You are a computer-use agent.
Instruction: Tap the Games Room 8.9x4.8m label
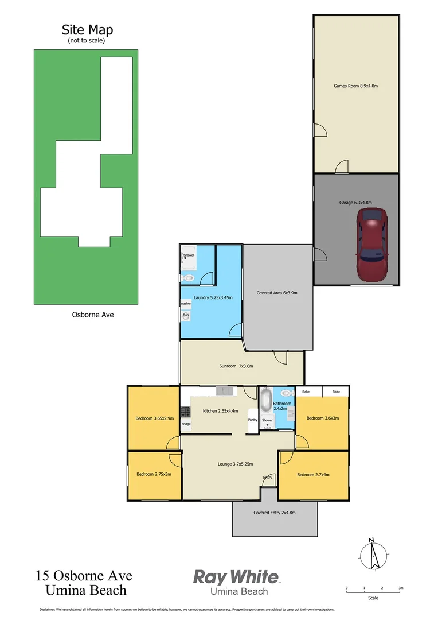pos(356,86)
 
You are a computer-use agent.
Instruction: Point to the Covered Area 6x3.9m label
pos(277,293)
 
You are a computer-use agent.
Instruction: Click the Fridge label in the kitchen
pos(186,424)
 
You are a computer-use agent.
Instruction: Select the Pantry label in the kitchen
pos(253,420)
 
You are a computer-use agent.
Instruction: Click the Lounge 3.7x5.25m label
pos(236,464)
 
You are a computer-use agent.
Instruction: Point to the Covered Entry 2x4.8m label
pos(275,513)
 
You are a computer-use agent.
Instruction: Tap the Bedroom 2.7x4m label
pos(314,475)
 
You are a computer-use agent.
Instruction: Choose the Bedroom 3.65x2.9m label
pos(155,418)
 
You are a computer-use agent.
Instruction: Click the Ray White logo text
pos(236,577)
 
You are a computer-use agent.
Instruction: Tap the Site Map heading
pos(87,30)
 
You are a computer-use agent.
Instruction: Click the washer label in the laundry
pos(186,303)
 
